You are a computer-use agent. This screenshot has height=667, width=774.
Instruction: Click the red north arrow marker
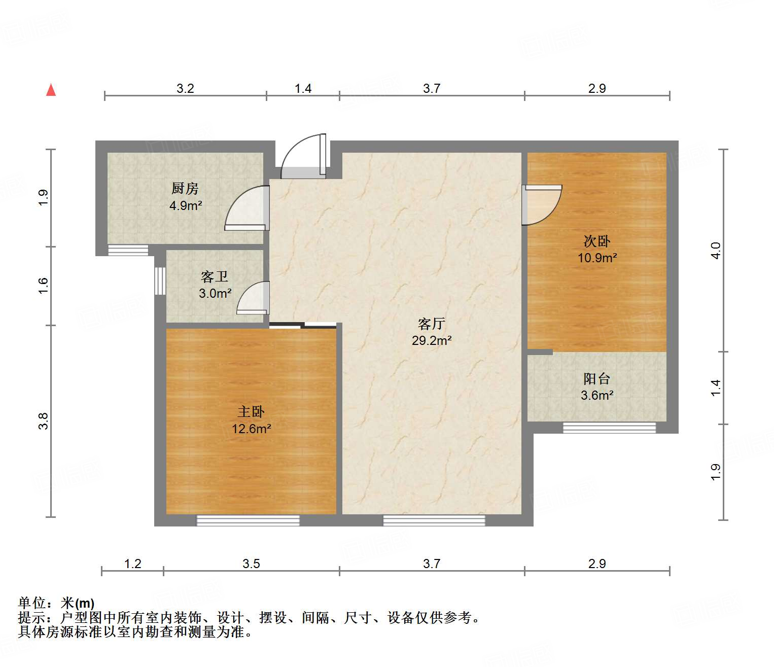(x=51, y=90)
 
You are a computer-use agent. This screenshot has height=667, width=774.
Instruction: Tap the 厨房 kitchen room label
(x=185, y=189)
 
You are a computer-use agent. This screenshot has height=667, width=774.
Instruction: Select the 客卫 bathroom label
(x=215, y=276)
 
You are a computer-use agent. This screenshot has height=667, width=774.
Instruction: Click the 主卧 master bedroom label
(x=251, y=412)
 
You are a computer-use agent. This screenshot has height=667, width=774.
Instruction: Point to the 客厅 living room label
(x=432, y=324)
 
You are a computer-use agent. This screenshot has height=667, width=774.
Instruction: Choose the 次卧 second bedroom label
(x=597, y=241)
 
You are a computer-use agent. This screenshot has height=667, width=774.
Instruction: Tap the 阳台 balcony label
(x=597, y=379)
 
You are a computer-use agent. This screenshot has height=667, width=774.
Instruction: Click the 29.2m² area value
(x=432, y=340)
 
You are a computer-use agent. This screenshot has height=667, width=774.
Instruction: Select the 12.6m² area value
(x=251, y=429)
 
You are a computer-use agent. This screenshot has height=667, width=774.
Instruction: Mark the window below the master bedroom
(x=248, y=520)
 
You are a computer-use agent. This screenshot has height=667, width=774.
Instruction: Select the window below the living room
(x=434, y=520)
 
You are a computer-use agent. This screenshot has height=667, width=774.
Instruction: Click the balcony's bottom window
(x=609, y=428)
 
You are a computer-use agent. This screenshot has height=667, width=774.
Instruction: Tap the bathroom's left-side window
(x=160, y=280)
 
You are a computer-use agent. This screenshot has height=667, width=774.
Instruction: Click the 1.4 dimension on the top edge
(x=303, y=88)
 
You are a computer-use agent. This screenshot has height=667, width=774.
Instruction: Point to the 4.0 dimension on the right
(x=715, y=250)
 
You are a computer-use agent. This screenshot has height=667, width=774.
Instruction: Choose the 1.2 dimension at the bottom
(x=132, y=564)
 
